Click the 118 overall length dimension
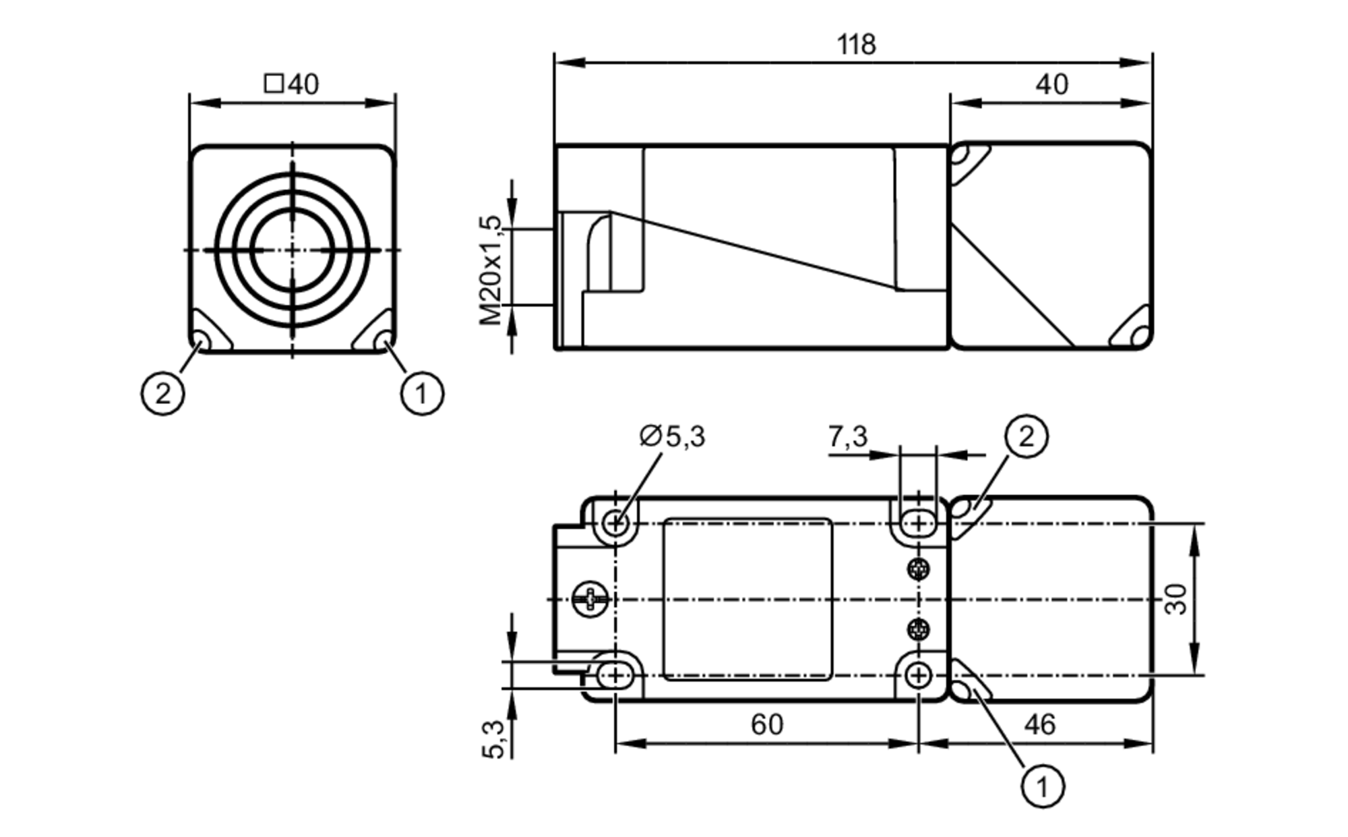856,45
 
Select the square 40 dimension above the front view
292,85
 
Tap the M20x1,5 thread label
491,270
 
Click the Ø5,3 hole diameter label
672,436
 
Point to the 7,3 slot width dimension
847,437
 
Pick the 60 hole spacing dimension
767,725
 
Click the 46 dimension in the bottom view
1039,725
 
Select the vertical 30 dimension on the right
1176,599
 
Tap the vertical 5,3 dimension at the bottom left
493,739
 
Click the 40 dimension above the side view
1051,85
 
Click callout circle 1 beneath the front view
422,394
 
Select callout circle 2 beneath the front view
162,394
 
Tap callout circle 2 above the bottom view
1026,437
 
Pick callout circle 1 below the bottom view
1043,786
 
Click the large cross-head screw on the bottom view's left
590,599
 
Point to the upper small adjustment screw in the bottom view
918,570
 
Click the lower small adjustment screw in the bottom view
918,630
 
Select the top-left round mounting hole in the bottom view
615,522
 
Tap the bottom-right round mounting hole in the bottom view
918,674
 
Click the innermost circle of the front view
292,250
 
